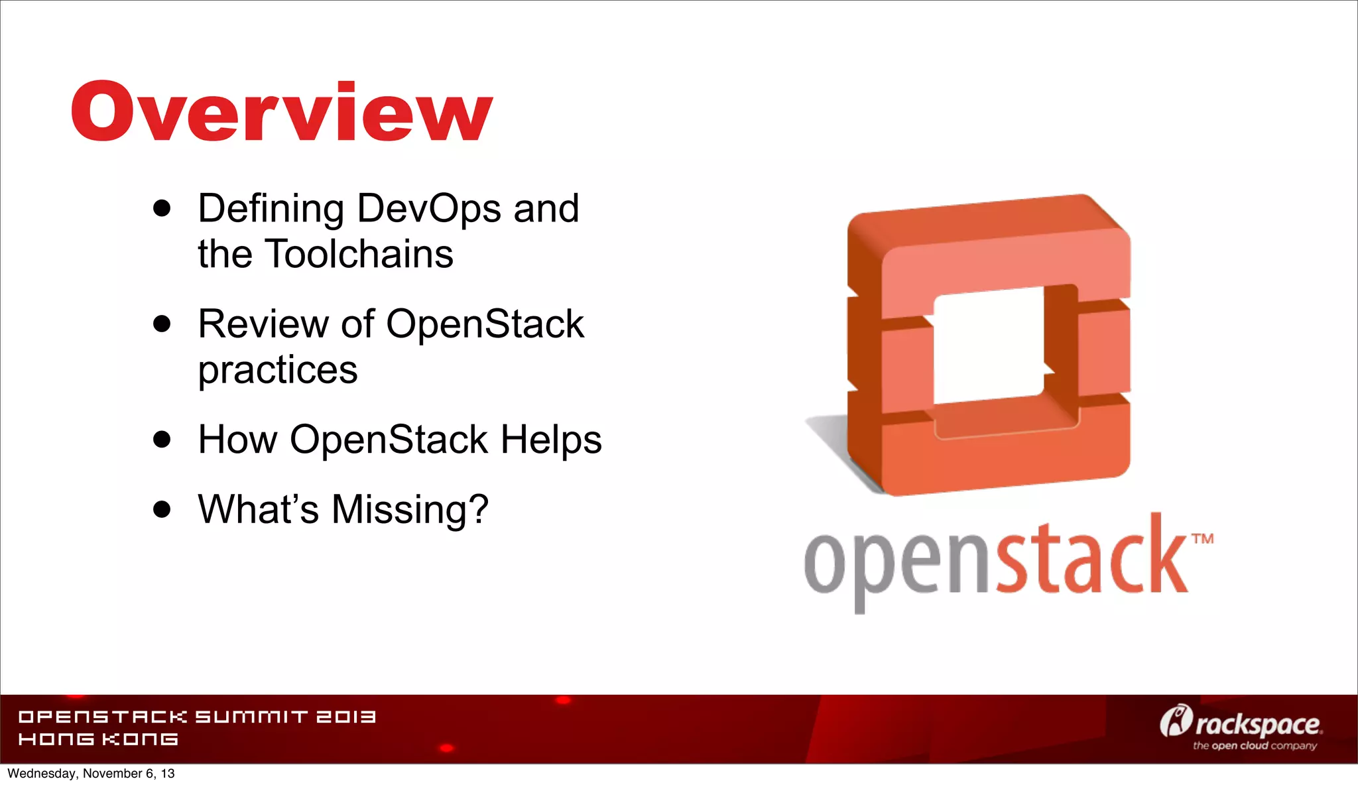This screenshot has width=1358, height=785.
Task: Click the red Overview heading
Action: click(282, 111)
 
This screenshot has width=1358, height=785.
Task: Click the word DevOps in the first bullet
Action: click(429, 209)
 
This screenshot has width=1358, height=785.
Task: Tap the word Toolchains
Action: click(359, 255)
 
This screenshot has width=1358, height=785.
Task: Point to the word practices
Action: click(277, 370)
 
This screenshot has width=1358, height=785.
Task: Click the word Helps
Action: click(550, 440)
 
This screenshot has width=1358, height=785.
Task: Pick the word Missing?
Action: click(409, 509)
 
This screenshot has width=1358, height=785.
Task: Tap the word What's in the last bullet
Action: click(258, 509)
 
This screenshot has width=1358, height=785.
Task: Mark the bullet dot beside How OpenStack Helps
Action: click(162, 439)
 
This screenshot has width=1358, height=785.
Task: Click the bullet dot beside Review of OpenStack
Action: click(162, 324)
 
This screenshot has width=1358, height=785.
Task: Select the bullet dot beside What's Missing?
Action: click(162, 509)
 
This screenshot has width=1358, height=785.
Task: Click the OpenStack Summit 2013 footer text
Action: click(197, 717)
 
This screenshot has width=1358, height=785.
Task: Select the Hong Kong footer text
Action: click(98, 739)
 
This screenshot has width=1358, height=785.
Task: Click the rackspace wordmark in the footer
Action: click(1257, 725)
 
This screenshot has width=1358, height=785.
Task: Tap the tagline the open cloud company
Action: click(1255, 746)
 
